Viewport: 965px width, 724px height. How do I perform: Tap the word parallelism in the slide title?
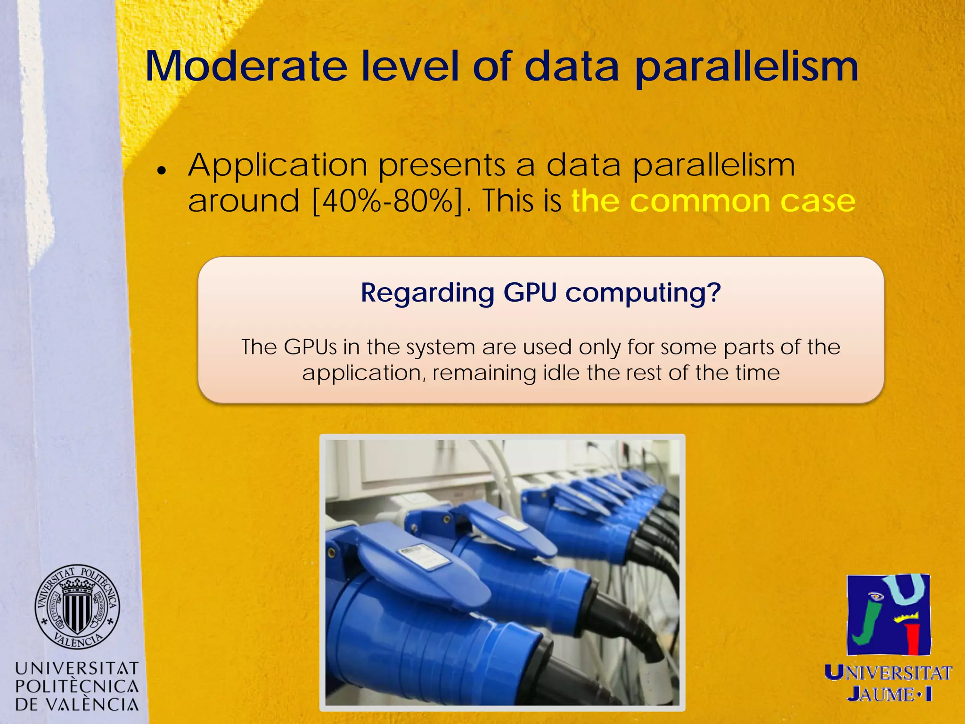tap(746, 67)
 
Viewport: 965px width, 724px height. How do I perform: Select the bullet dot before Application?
tap(162, 171)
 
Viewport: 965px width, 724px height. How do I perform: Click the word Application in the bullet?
tap(278, 166)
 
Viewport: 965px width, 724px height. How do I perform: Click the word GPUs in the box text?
tap(311, 347)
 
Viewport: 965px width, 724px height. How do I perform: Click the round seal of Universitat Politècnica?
tap(77, 607)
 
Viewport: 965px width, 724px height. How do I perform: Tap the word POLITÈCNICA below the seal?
tap(77, 686)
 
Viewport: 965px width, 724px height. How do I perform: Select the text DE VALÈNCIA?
tap(77, 705)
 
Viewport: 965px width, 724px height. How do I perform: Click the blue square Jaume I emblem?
tap(889, 615)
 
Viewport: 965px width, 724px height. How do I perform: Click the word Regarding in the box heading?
tap(427, 293)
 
